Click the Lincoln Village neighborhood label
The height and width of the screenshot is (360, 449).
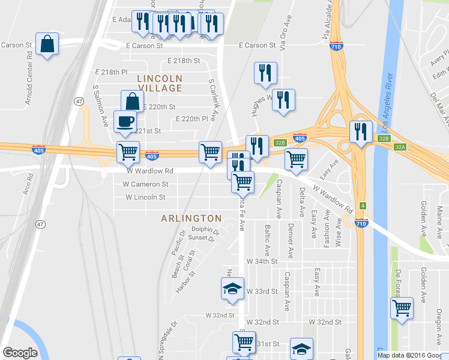point(159,83)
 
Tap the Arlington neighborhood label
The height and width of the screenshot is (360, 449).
point(191,218)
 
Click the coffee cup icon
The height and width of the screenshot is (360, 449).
point(125,122)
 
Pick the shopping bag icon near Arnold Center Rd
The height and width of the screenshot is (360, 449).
point(47,44)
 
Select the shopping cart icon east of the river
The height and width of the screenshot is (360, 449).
point(402,308)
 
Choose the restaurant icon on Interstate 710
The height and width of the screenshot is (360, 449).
point(360,132)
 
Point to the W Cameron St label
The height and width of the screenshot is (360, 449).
point(145,184)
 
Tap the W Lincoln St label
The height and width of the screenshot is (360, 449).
point(145,197)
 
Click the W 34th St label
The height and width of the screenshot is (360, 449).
point(262,262)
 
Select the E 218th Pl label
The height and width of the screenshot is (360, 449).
point(112,72)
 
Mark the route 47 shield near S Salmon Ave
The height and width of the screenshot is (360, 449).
point(79,101)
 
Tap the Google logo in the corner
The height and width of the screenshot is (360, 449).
point(20,353)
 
